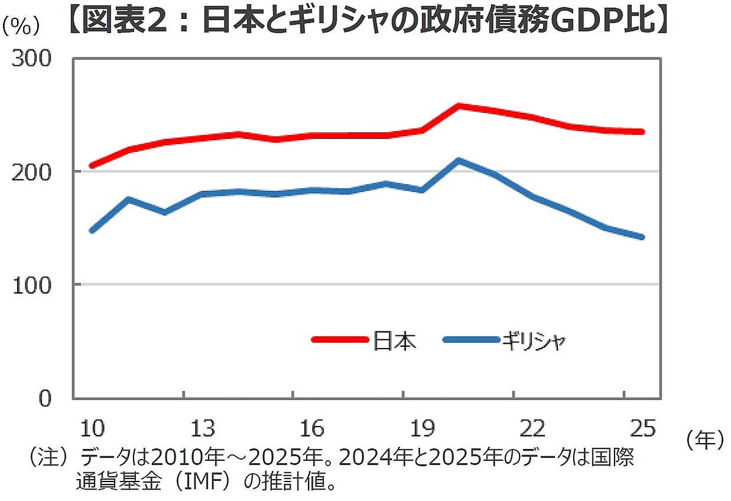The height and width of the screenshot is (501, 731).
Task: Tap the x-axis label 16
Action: [x=312, y=428]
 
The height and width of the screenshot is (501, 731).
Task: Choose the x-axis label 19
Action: [x=423, y=428]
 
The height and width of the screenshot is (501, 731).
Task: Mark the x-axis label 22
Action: [x=532, y=428]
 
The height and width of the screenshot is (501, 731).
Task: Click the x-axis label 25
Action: [x=642, y=428]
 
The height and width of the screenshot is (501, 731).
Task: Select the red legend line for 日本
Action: [x=339, y=339]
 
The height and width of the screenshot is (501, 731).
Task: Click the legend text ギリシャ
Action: [x=534, y=340]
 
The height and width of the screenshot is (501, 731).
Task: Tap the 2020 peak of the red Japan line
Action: [x=458, y=106]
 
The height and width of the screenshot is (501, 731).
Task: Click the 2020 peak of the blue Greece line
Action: [x=458, y=161]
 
